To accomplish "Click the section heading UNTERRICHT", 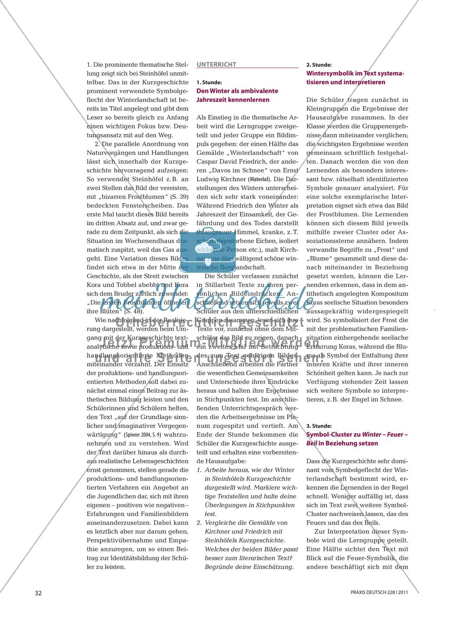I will click(x=217, y=64).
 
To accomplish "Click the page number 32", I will click(x=38, y=593).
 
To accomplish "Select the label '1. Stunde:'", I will click(x=209, y=82).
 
